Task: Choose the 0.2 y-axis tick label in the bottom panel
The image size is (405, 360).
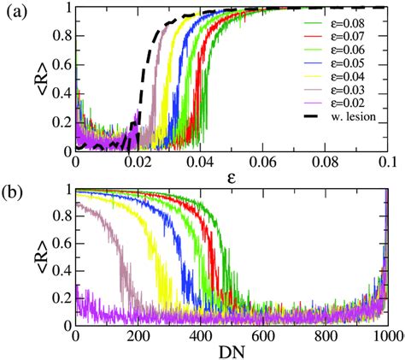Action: coord(58,296)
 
